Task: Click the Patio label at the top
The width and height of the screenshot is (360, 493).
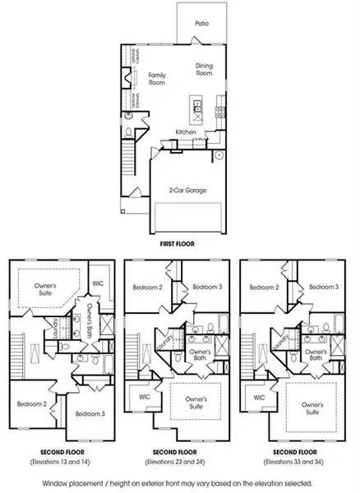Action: click(x=201, y=24)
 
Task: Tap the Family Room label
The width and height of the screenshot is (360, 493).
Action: click(x=157, y=79)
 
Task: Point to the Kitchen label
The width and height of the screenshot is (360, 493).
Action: click(x=186, y=131)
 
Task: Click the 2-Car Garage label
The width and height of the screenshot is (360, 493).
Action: click(x=182, y=190)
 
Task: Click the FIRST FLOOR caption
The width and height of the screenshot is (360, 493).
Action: click(x=181, y=245)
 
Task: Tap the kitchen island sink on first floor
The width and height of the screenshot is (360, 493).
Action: click(x=196, y=104)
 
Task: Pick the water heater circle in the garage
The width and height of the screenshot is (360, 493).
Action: click(x=219, y=154)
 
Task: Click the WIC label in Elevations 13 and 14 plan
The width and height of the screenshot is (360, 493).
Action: click(x=98, y=283)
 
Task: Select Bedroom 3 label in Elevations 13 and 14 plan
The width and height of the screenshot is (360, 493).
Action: click(x=89, y=414)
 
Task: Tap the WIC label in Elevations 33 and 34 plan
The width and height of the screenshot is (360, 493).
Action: click(x=260, y=396)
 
